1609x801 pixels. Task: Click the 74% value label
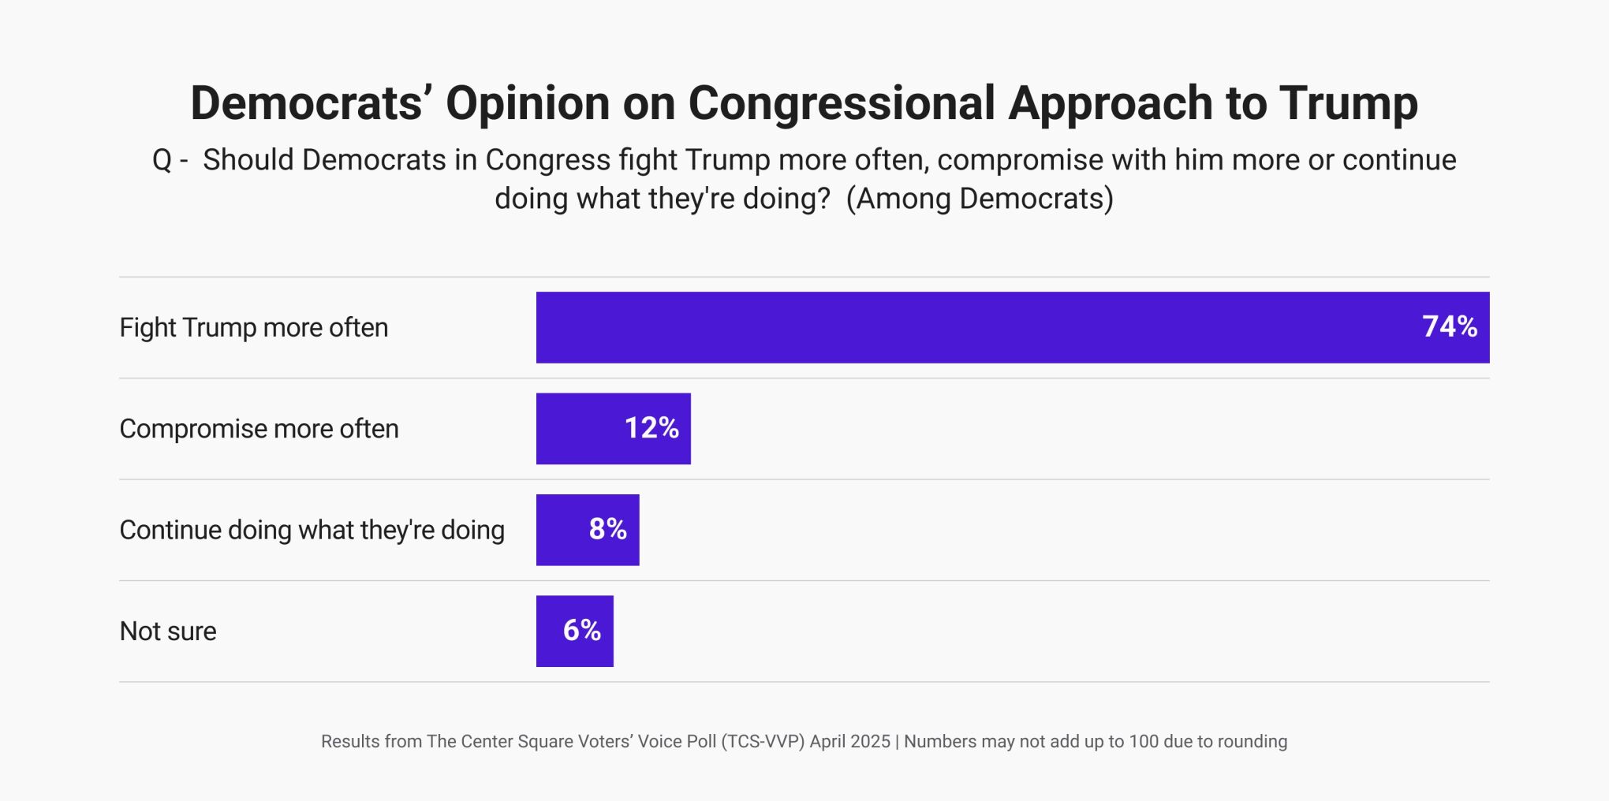click(x=1449, y=326)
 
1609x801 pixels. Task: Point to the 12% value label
click(x=651, y=428)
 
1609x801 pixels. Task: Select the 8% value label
click(x=607, y=529)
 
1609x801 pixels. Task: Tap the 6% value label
click(x=581, y=630)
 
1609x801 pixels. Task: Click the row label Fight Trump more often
click(x=253, y=327)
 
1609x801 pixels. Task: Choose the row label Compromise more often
click(x=259, y=429)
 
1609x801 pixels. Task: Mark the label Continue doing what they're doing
click(x=312, y=530)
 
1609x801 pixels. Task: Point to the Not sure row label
click(x=168, y=631)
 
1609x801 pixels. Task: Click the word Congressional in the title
click(x=842, y=103)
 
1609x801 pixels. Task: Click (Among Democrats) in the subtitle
click(x=980, y=199)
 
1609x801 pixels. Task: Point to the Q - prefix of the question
click(x=170, y=160)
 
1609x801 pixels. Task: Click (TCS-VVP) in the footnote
click(x=762, y=741)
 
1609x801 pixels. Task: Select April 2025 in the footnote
click(x=849, y=741)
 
